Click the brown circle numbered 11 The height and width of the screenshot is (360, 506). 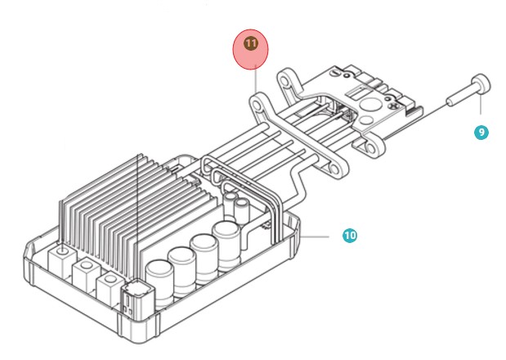point(251,43)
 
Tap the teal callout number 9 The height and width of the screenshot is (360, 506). point(481,132)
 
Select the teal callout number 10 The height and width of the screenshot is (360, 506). point(350,236)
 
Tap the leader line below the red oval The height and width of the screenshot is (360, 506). point(255,82)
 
